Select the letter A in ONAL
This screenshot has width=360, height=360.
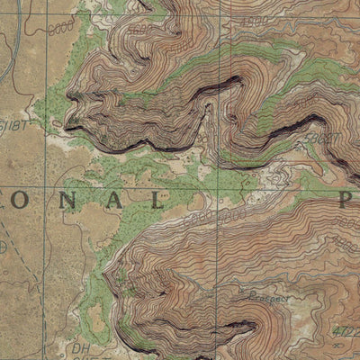114,201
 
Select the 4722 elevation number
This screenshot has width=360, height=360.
346,331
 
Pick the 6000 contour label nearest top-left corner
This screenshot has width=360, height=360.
62,27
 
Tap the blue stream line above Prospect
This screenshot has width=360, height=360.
270,270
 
